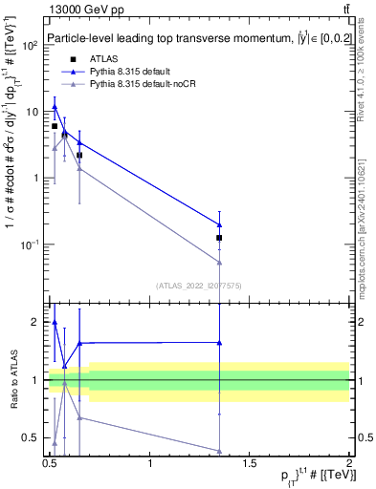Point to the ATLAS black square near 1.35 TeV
click(x=220, y=238)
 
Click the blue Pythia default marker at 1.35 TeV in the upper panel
click(x=220, y=225)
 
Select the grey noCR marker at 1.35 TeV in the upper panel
click(x=220, y=262)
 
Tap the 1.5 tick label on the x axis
click(x=250, y=464)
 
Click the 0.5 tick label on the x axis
click(x=51, y=464)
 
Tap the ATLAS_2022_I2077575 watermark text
click(x=198, y=285)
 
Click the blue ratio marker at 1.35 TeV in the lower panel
click(x=220, y=342)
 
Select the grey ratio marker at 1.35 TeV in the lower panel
click(x=220, y=451)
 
